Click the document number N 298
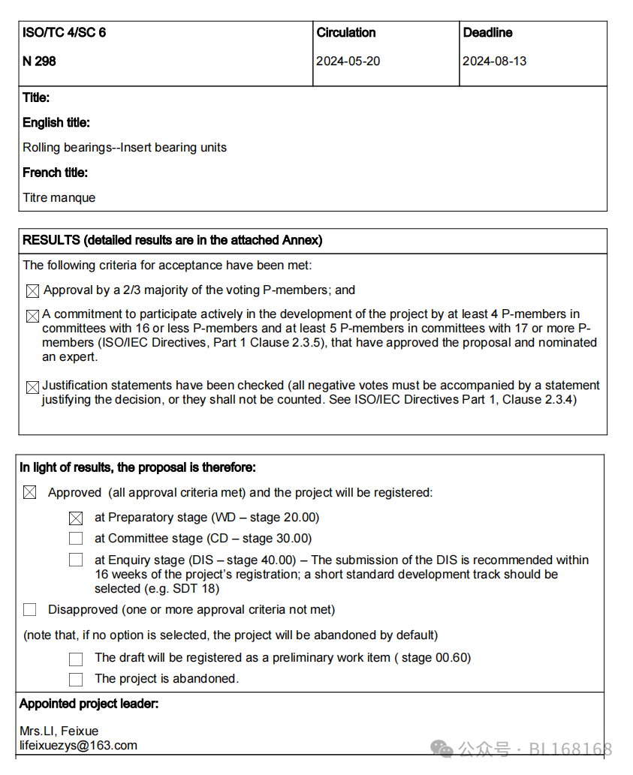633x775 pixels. (39, 62)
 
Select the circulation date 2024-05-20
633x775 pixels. (348, 62)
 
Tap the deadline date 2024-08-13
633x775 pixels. (494, 62)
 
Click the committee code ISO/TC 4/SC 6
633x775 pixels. (64, 33)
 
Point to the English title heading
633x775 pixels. (56, 122)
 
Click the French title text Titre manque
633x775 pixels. (59, 198)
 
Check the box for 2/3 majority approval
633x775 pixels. (32, 291)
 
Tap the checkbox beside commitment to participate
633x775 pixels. (32, 317)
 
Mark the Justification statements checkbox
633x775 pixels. (32, 388)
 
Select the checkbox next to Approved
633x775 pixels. (29, 493)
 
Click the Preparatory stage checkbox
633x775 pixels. (76, 518)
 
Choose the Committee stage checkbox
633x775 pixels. (76, 539)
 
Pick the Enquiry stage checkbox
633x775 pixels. (76, 560)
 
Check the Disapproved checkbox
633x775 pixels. (29, 610)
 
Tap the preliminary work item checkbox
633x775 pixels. (76, 659)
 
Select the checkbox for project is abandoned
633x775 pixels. (76, 679)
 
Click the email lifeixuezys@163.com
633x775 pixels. (79, 745)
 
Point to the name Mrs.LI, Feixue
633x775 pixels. (59, 731)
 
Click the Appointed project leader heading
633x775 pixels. (89, 704)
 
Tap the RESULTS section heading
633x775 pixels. (173, 241)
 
